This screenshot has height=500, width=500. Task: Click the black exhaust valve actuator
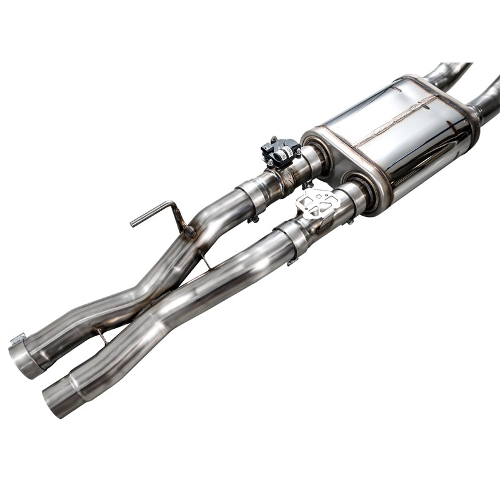coord(279,151)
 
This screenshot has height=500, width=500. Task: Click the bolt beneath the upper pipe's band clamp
coord(254,219)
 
